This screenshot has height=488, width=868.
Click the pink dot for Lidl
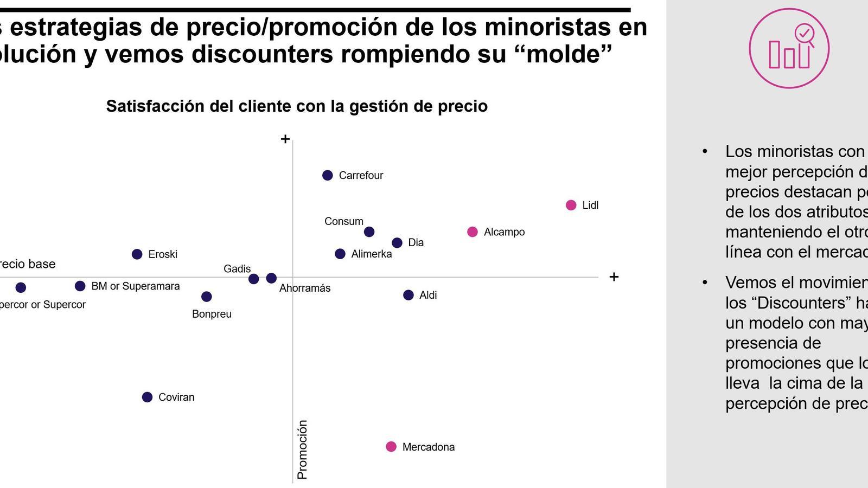(x=571, y=205)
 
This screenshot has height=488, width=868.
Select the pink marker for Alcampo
(x=473, y=232)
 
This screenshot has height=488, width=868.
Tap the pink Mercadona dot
(x=391, y=447)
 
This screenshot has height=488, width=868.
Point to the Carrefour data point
(x=328, y=175)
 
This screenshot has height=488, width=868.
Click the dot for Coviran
(x=147, y=397)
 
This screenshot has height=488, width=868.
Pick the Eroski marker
(x=137, y=254)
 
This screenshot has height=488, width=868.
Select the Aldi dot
(x=409, y=295)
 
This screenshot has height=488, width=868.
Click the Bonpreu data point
(x=207, y=297)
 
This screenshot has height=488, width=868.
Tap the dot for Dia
(x=397, y=243)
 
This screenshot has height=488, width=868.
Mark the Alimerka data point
(x=340, y=254)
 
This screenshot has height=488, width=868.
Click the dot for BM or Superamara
(x=80, y=286)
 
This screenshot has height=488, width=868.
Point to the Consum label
(x=344, y=221)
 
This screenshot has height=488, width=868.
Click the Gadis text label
(x=237, y=269)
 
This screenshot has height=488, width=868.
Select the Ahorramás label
(x=305, y=288)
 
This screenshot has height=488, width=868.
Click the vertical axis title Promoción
(x=303, y=450)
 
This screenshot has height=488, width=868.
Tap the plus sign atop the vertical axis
(x=285, y=139)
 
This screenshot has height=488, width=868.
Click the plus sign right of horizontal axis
(x=614, y=277)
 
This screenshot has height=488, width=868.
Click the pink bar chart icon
(x=789, y=48)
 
